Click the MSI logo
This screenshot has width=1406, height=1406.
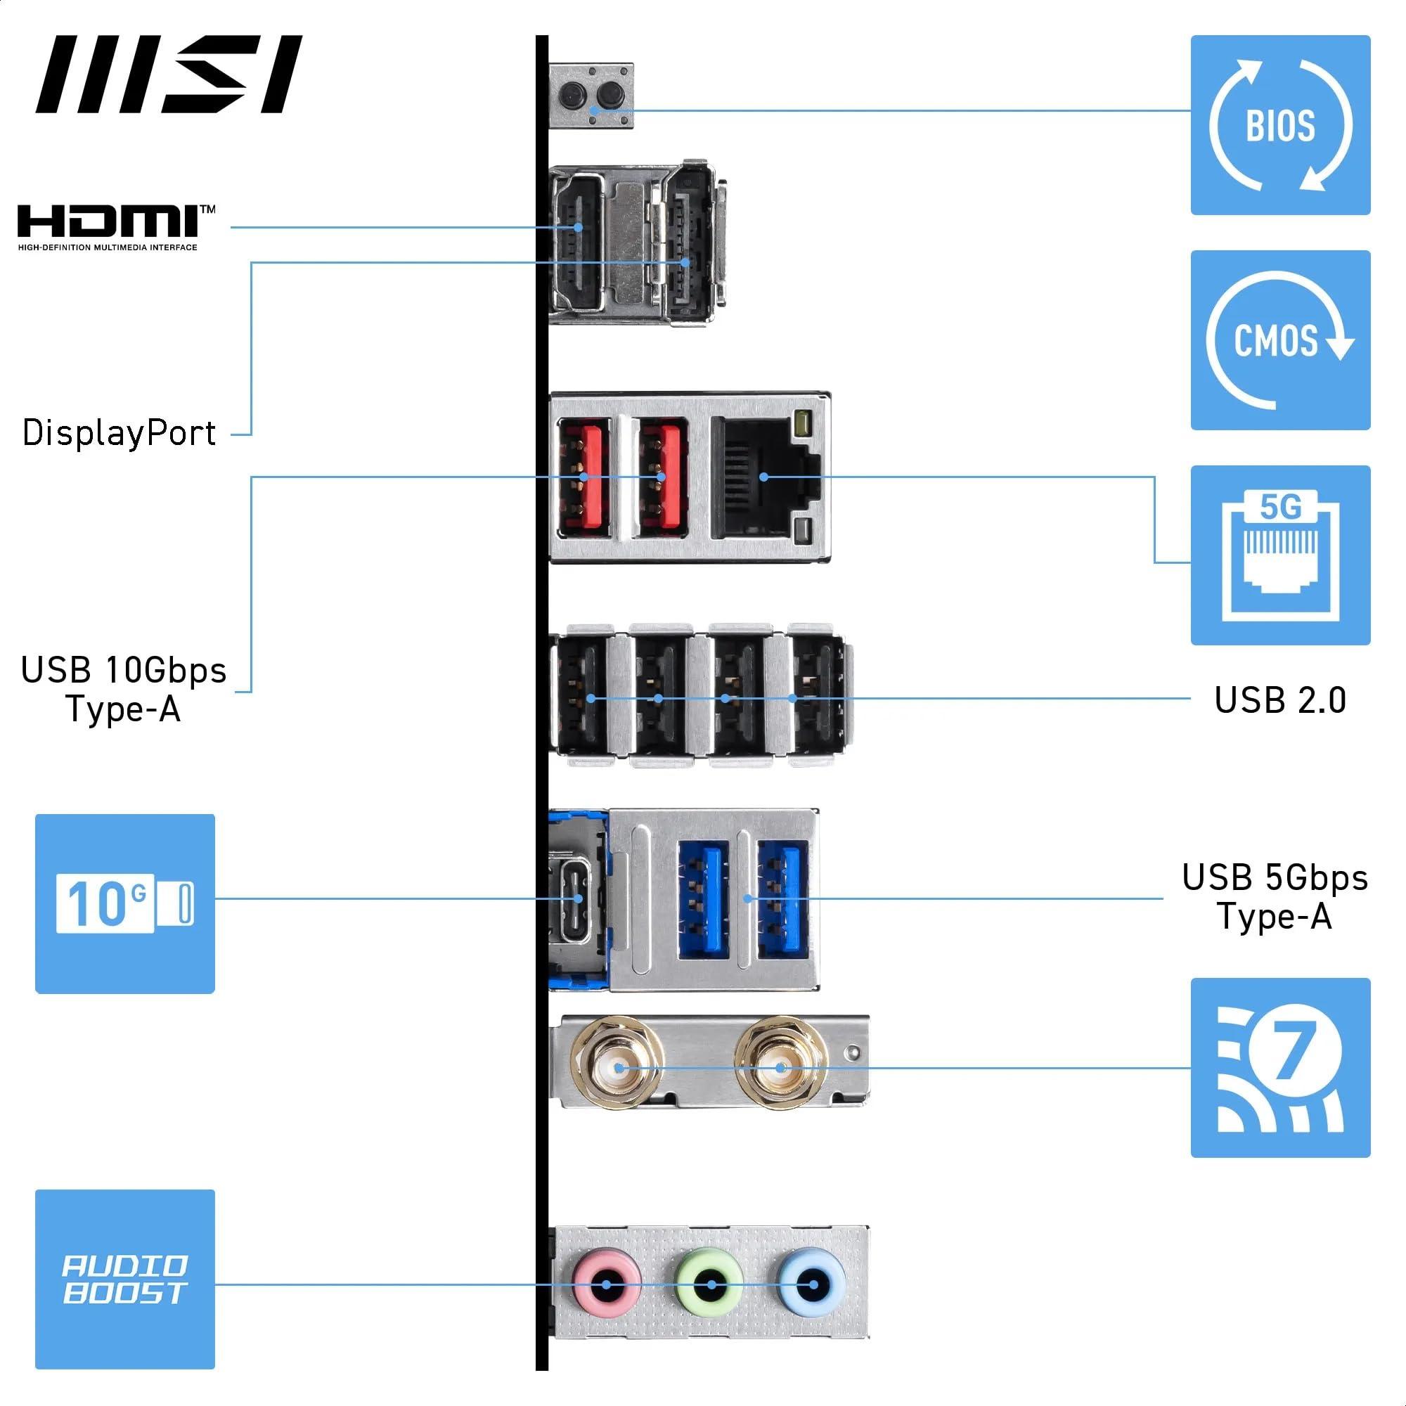169,75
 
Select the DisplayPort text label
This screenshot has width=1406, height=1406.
120,433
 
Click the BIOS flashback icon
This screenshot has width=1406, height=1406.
1280,125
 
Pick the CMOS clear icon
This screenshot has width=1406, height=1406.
1280,340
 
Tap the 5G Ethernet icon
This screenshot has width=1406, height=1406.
1280,555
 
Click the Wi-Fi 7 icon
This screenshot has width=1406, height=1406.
1280,1068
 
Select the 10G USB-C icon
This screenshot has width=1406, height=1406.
125,904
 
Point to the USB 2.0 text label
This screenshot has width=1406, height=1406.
1280,700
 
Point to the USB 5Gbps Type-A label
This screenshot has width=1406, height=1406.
1275,896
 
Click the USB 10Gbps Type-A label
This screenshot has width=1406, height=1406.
124,689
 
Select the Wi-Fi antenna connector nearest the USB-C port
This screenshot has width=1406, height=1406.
619,1069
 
